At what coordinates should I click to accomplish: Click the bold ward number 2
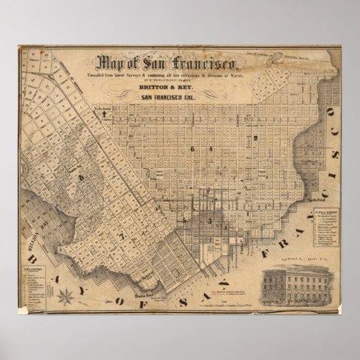tap(255, 139)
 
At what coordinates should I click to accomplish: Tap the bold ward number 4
tap(211, 149)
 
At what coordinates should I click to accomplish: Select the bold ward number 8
tap(82, 179)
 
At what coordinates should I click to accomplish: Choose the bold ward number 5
tap(185, 221)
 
